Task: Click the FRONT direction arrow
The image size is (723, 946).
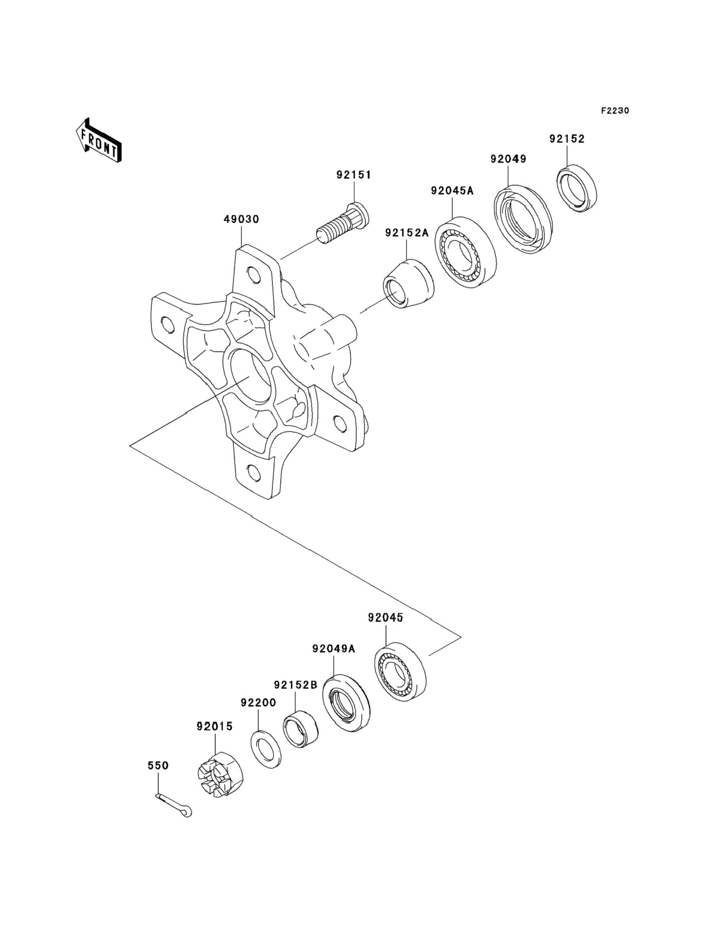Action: (x=99, y=141)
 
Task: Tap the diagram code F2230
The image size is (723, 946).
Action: (x=615, y=111)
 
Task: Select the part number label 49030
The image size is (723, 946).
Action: (x=241, y=219)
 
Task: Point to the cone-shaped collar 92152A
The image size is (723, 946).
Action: (x=408, y=284)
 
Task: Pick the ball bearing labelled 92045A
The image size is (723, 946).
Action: (x=465, y=252)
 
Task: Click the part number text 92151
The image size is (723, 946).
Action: (x=353, y=175)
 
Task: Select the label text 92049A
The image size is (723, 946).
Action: (x=333, y=648)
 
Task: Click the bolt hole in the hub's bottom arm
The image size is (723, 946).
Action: (x=254, y=473)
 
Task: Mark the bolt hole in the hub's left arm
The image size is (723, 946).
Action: (x=168, y=324)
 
